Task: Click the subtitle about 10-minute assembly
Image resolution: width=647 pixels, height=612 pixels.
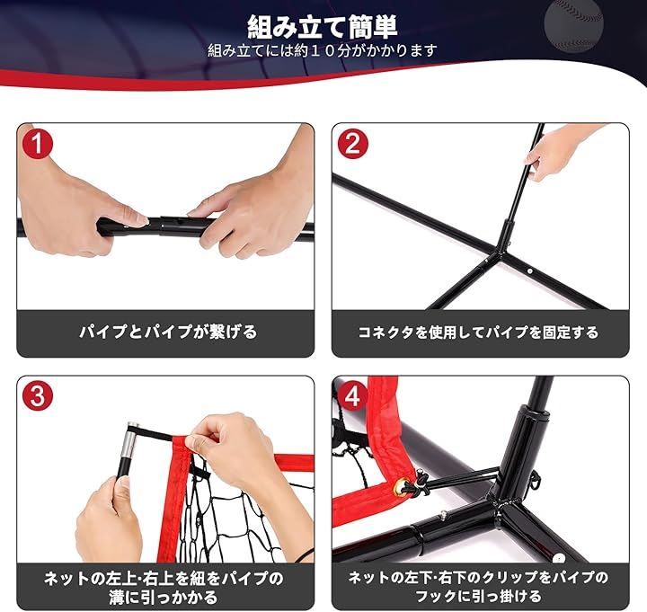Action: (323, 50)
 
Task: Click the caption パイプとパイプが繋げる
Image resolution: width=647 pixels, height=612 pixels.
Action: (166, 332)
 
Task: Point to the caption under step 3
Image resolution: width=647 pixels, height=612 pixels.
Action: (166, 586)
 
